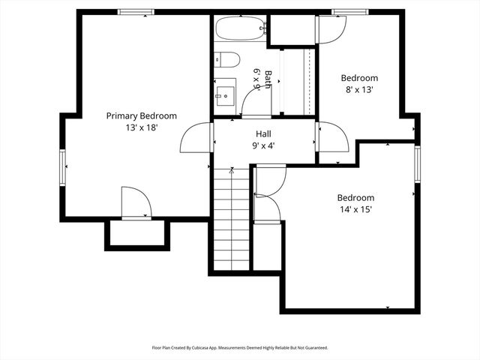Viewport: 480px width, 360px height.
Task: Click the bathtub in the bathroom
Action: (x=241, y=30)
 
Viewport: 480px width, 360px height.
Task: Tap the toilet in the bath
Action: (x=227, y=60)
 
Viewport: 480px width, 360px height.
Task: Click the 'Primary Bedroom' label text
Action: (x=141, y=115)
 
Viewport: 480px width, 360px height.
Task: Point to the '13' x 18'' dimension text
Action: (x=141, y=128)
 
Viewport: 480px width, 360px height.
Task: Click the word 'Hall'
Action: (x=263, y=133)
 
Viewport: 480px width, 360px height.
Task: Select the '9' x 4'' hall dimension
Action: (x=263, y=145)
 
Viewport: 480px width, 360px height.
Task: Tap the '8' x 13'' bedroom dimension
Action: (x=359, y=89)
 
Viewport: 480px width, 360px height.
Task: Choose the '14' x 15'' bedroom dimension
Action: (x=355, y=210)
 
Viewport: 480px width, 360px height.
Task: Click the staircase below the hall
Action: (x=231, y=221)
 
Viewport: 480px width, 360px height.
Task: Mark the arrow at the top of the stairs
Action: (x=231, y=172)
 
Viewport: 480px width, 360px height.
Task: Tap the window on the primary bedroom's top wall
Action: (x=136, y=12)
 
